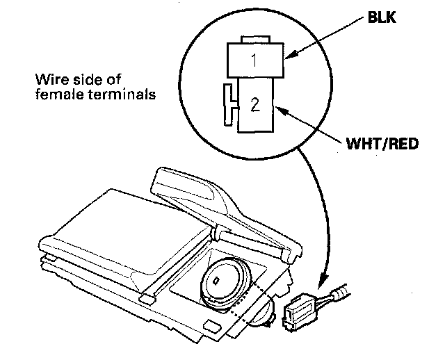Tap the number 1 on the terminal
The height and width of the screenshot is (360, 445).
pos(254,61)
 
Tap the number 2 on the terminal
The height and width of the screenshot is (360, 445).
pos(254,105)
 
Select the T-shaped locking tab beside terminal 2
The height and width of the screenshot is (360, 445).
pos(229,106)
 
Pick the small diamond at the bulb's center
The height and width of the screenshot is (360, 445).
pos(216,281)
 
